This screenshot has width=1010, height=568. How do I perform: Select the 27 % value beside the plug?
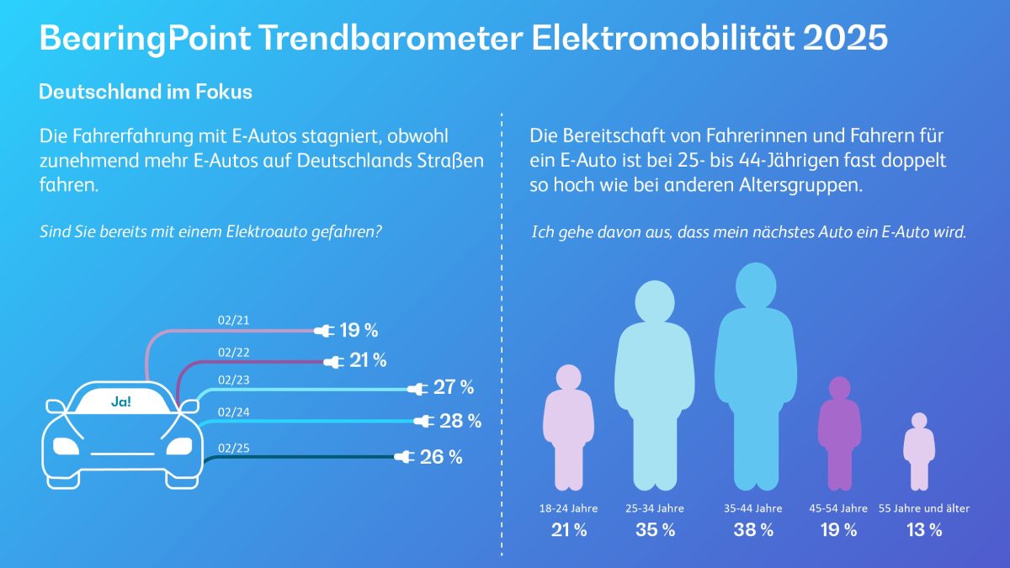tap(454, 388)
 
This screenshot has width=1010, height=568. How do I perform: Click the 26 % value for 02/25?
tap(442, 457)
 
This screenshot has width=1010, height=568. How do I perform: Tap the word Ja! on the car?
tap(121, 402)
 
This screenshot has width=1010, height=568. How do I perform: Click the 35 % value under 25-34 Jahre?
tap(656, 530)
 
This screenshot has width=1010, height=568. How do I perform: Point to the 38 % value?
tap(753, 530)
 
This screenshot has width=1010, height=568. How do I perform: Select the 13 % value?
tap(923, 530)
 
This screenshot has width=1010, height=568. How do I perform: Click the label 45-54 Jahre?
tap(837, 508)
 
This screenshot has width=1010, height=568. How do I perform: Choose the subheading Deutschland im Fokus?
tap(146, 93)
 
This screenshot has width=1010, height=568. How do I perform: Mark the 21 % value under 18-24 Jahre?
tap(568, 530)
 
